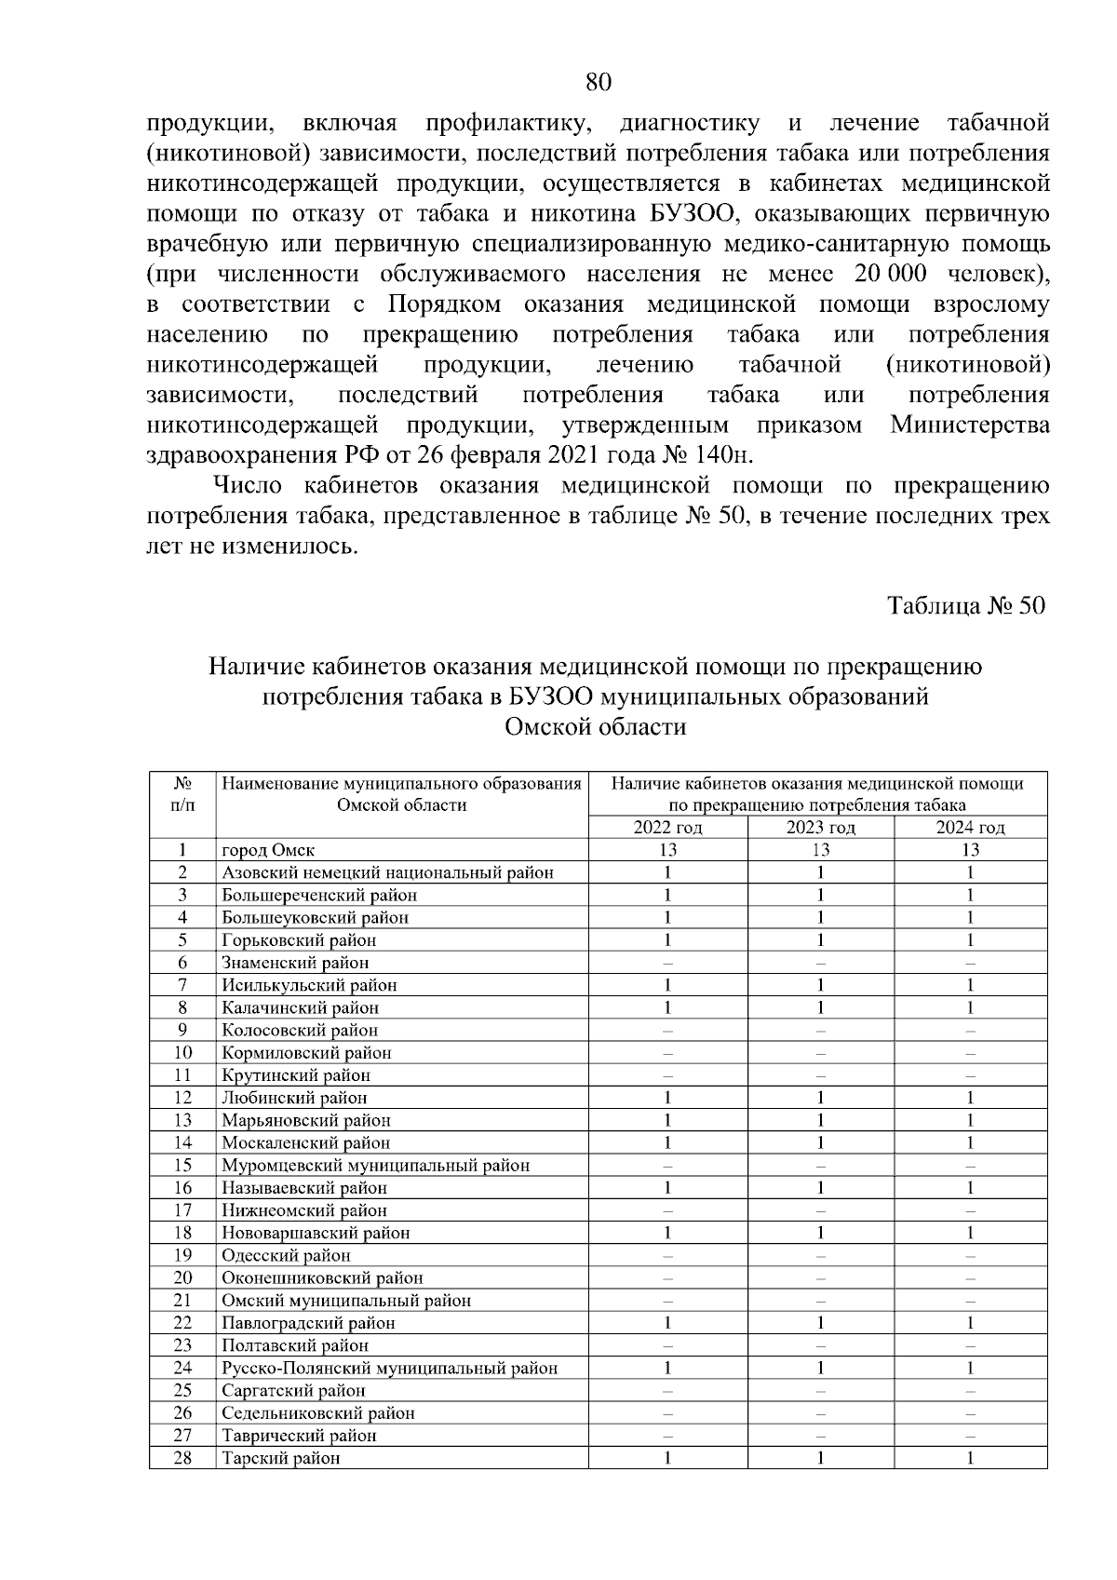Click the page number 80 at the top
point(599,82)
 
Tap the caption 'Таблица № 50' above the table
point(967,606)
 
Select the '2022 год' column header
point(667,828)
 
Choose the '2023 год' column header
point(820,828)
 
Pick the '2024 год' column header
point(970,828)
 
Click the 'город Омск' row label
point(268,850)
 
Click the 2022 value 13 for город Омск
point(667,850)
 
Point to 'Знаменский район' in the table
point(294,963)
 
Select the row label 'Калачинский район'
point(300,1007)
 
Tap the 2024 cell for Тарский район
point(970,1458)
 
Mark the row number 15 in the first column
point(182,1165)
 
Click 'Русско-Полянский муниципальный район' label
point(389,1368)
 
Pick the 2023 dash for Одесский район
point(820,1255)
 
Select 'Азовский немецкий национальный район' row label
point(387,872)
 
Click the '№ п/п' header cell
point(182,794)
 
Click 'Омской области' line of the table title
point(595,727)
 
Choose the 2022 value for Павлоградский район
point(667,1323)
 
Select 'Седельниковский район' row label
point(317,1412)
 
